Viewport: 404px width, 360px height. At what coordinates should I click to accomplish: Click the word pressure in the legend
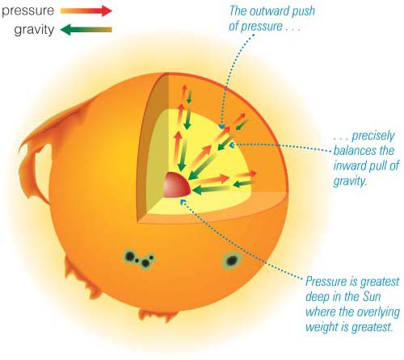click(28, 10)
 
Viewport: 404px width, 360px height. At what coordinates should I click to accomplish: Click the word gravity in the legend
click(34, 30)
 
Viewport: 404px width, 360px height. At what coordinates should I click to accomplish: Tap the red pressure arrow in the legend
click(86, 10)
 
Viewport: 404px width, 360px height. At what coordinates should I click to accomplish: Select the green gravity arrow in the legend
click(86, 29)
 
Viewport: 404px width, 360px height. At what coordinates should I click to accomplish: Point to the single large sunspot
click(231, 261)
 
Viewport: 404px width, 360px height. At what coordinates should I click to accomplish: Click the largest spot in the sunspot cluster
click(130, 255)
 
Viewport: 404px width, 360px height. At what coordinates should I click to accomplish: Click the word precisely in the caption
click(373, 136)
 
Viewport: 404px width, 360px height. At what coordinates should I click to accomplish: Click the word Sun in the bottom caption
click(372, 297)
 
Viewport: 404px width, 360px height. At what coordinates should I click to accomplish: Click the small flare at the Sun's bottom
click(158, 316)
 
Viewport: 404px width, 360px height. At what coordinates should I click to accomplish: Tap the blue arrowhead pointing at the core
click(183, 201)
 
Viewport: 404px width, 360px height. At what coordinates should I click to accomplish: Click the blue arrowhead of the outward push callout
click(221, 126)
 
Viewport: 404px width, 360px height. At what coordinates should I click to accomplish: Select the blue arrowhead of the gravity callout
click(232, 145)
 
